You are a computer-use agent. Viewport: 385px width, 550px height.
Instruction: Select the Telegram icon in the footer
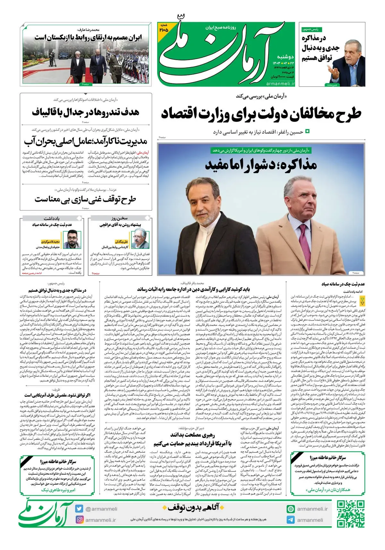point(291,520)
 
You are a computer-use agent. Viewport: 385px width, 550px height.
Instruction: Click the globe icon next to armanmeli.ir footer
point(291,509)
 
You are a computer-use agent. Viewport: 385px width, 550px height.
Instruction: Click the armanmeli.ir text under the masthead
point(280,83)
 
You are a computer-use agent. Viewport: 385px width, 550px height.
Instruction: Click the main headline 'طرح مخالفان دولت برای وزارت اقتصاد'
point(261,114)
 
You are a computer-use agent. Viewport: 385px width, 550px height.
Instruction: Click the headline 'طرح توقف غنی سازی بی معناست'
point(85,200)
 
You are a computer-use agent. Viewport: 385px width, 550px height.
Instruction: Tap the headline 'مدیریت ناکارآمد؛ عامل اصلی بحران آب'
point(85,141)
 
